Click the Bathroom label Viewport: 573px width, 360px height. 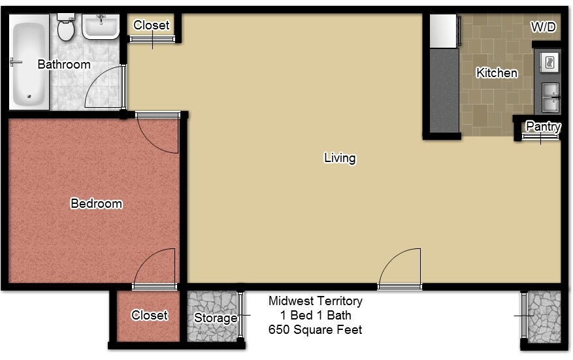[x=63, y=65]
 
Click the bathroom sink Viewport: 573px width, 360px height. [x=100, y=26]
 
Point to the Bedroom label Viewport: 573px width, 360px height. [x=96, y=204]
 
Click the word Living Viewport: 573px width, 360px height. [x=340, y=158]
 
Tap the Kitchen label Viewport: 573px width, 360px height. [x=497, y=73]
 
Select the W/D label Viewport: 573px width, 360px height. [x=543, y=27]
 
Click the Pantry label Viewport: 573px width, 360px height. [x=543, y=127]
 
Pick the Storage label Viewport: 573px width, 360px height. [x=216, y=318]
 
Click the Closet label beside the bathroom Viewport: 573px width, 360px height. [x=151, y=25]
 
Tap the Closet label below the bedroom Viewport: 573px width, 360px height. [x=150, y=316]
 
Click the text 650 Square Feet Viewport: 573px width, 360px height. [x=315, y=330]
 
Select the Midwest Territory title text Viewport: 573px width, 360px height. [x=315, y=301]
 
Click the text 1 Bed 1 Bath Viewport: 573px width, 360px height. [x=315, y=316]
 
